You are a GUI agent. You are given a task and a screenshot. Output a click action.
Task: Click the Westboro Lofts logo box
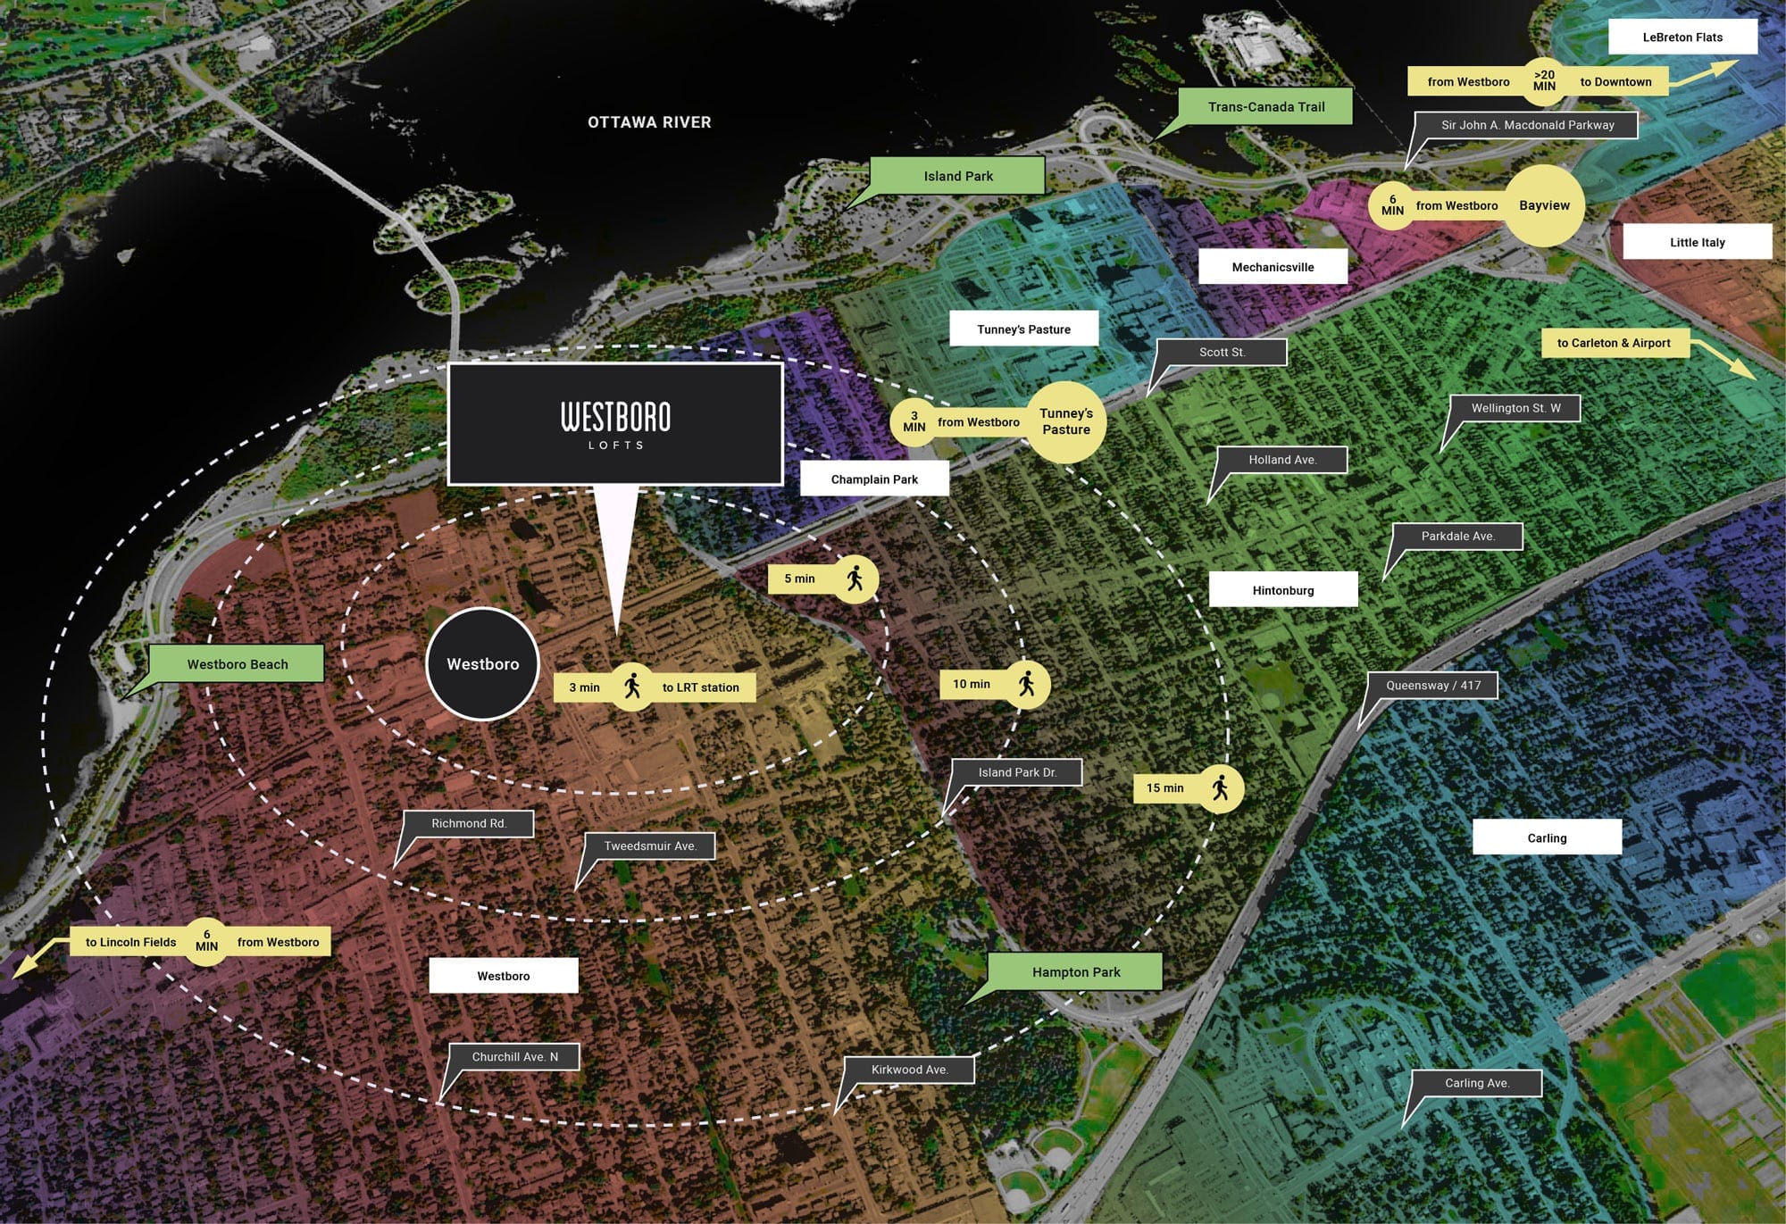[x=615, y=424]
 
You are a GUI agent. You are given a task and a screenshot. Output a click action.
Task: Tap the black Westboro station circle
[x=483, y=664]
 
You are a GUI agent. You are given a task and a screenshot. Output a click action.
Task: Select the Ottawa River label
[x=649, y=122]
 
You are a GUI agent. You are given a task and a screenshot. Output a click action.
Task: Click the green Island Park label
[x=957, y=176]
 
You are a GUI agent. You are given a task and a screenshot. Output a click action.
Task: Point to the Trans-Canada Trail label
[x=1265, y=107]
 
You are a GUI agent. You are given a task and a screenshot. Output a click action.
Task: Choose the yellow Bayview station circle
[x=1544, y=205]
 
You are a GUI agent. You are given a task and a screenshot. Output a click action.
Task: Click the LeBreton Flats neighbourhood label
[x=1682, y=37]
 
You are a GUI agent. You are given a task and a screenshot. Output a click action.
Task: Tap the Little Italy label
[x=1697, y=242]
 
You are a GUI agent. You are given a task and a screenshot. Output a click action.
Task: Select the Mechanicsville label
[x=1273, y=267]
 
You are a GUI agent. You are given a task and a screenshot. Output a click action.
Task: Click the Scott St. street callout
[x=1222, y=353]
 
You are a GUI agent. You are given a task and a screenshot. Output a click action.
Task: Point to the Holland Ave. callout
[x=1282, y=460]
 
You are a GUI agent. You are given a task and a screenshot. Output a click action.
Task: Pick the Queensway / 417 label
[x=1432, y=686]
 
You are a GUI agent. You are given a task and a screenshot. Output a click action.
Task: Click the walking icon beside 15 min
[x=1220, y=788]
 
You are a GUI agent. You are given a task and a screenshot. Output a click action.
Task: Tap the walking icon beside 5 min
[x=855, y=579]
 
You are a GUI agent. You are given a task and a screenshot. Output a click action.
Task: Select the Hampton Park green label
[x=1075, y=972]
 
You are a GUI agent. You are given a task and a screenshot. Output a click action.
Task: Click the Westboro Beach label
[x=237, y=664]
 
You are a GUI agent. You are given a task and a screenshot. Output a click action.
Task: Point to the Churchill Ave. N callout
[x=514, y=1057]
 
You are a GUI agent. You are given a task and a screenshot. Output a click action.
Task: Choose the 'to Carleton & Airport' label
[x=1614, y=343]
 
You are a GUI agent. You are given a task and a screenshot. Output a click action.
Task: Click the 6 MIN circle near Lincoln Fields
[x=206, y=942]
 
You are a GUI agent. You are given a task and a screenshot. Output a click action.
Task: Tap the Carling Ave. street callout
[x=1477, y=1083]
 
